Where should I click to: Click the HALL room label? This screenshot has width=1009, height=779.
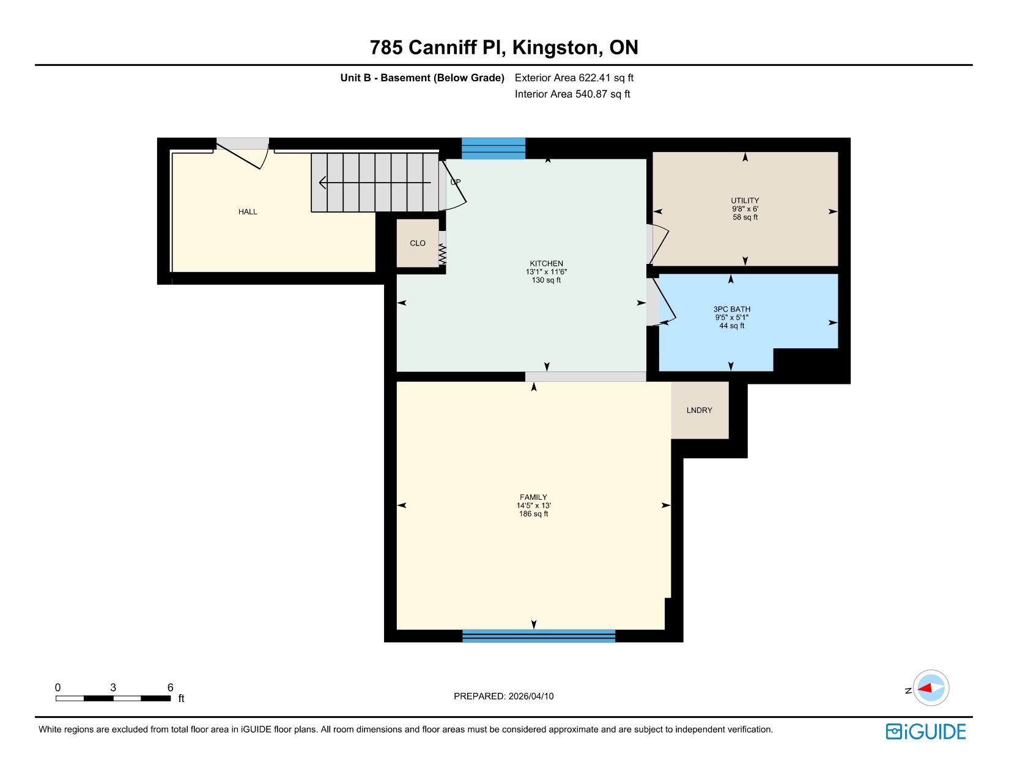tap(248, 212)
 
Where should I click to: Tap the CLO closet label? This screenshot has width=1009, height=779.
tap(418, 243)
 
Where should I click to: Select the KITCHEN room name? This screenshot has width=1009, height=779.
tap(546, 263)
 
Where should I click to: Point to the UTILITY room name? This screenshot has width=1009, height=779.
tap(745, 201)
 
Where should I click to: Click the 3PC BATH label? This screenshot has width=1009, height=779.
tap(732, 310)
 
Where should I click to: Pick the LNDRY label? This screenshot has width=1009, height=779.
tap(700, 410)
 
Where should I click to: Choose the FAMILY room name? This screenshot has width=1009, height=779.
tap(533, 497)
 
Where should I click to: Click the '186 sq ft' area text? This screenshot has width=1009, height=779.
tap(533, 514)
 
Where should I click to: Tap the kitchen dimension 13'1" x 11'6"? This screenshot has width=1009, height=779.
tap(546, 272)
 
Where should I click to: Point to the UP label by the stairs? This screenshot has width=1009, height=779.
tap(456, 182)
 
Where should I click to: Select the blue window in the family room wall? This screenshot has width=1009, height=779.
tap(539, 635)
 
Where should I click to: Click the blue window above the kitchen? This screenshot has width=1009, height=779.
tap(493, 148)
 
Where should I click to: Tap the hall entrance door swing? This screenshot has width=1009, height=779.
tap(242, 154)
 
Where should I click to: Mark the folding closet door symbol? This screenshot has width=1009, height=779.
tap(443, 254)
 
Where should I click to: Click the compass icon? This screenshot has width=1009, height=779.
tap(931, 688)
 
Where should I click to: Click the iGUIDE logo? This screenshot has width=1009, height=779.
tap(925, 732)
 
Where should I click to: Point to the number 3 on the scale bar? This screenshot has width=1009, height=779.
tap(113, 687)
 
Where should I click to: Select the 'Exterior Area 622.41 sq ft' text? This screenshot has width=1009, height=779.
tap(574, 78)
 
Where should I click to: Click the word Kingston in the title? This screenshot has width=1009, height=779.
tap(555, 48)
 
